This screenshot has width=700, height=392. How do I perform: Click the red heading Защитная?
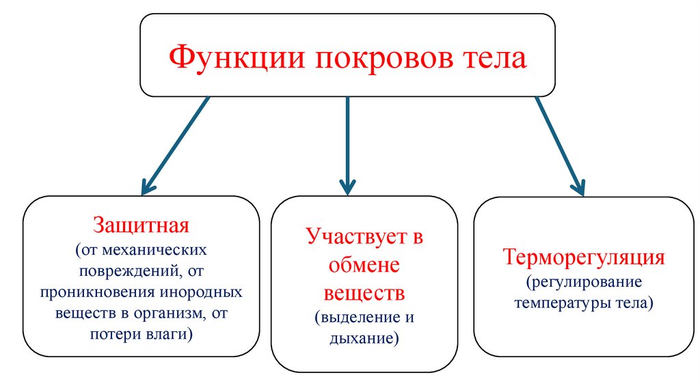[x=141, y=225]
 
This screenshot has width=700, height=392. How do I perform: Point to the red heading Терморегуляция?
[x=584, y=257]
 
